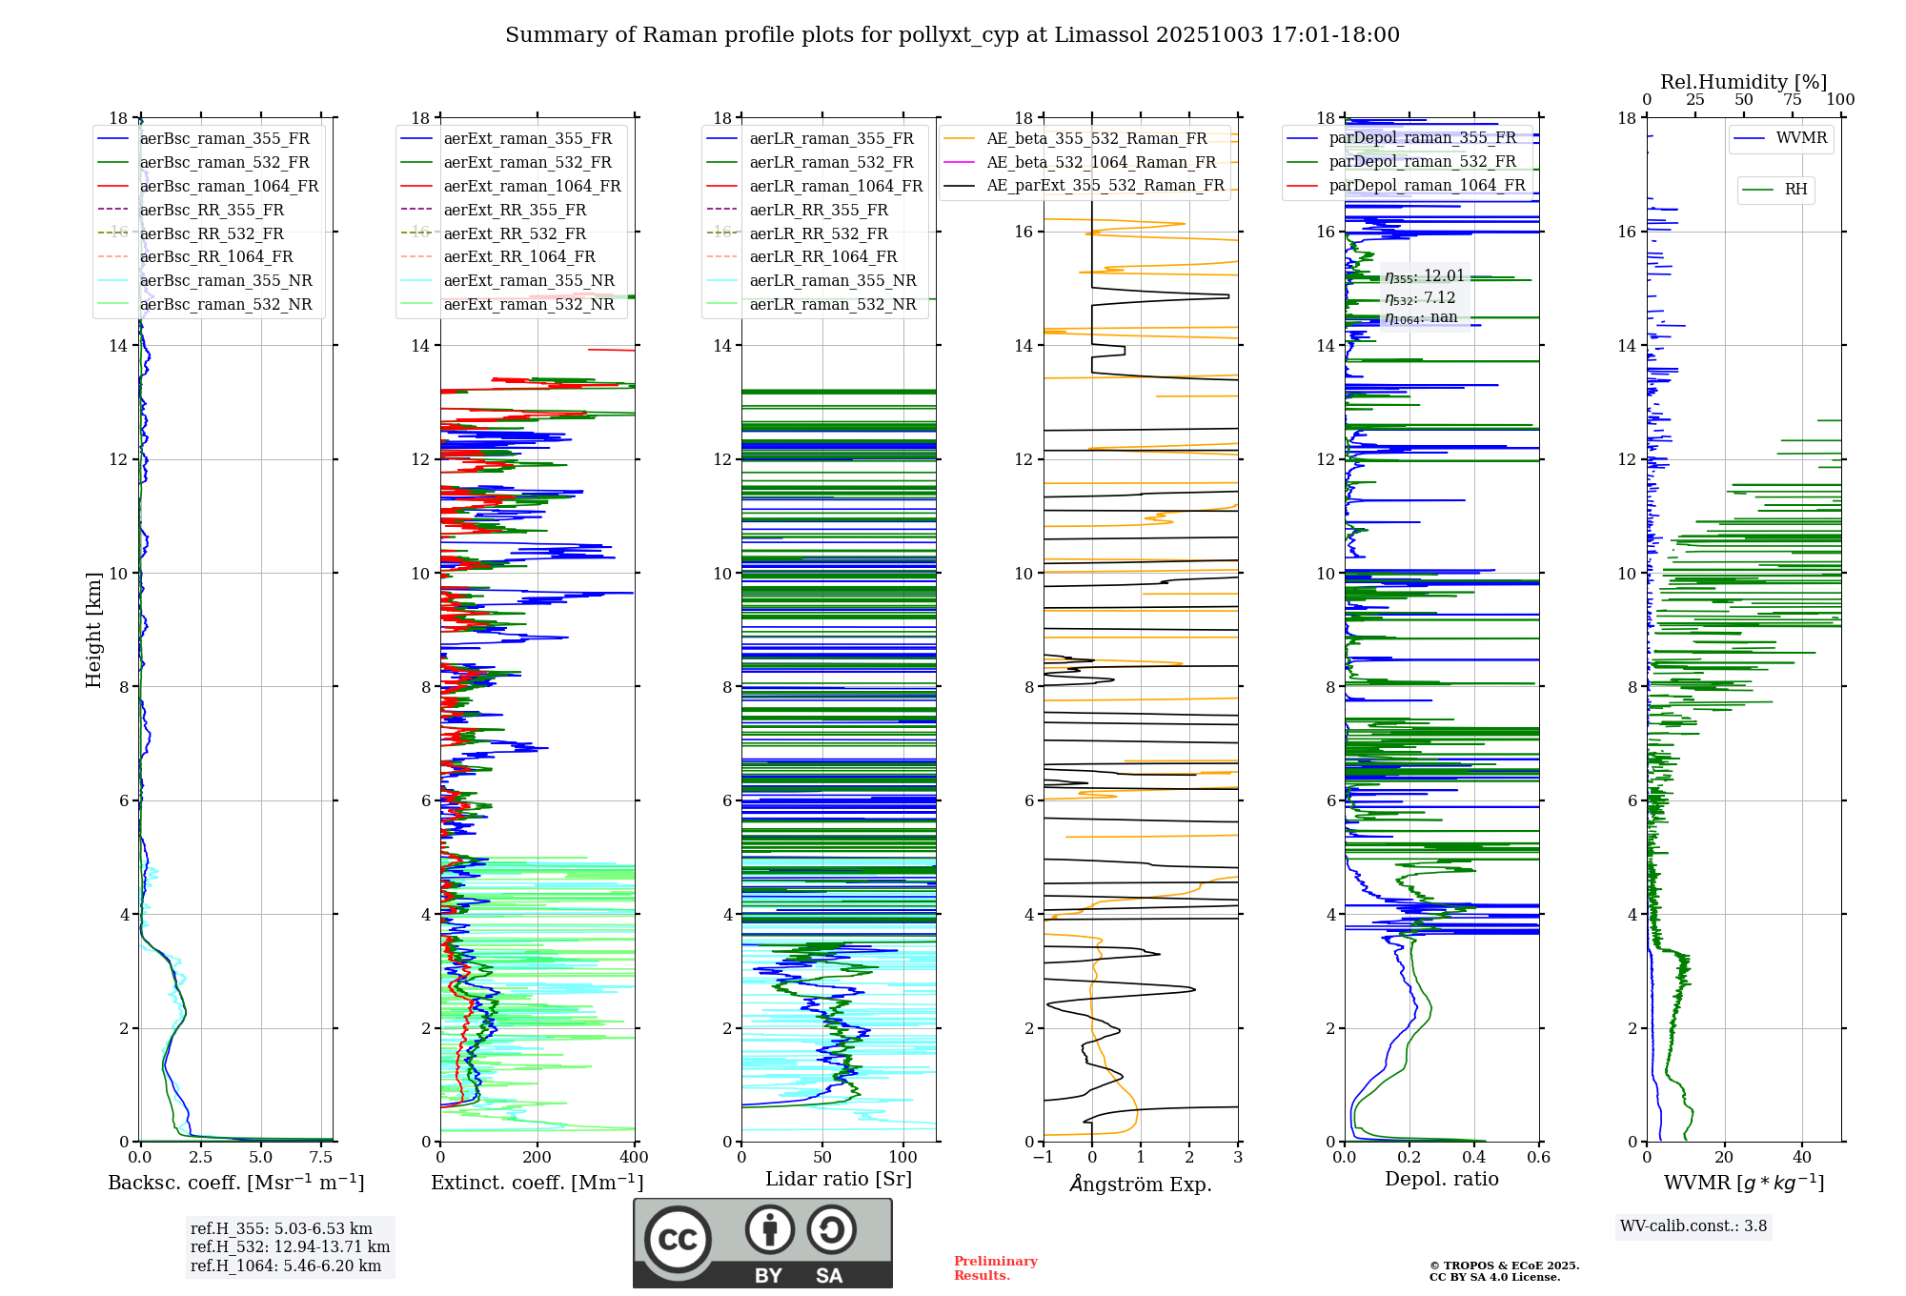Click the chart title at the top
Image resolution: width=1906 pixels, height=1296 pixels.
952,35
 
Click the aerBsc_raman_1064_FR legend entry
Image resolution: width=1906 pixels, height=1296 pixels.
229,186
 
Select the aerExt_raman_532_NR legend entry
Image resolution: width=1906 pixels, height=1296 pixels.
529,304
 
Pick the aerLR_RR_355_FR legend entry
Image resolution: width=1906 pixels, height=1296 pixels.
818,210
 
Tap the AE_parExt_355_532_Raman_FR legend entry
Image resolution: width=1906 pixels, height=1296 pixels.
1105,185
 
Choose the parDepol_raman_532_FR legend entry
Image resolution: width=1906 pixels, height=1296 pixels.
1422,161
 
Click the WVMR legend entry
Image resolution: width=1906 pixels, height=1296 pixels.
1801,138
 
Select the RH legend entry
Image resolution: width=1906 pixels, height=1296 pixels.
1795,190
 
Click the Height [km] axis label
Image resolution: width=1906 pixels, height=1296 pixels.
93,629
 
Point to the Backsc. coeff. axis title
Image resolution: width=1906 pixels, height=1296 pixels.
235,1183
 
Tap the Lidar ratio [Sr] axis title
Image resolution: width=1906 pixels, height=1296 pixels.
839,1179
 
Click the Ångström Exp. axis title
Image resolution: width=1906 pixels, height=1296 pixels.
1141,1184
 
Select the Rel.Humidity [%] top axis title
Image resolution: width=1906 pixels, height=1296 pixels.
1743,82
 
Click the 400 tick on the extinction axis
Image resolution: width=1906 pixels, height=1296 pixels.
635,1158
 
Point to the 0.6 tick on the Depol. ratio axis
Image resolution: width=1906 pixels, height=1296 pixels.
1538,1158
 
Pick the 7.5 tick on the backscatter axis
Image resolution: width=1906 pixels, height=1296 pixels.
321,1158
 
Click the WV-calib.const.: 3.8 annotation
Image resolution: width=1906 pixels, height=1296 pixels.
1693,1226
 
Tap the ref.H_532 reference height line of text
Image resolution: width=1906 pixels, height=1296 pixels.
290,1246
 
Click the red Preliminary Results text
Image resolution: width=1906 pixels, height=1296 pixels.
995,1268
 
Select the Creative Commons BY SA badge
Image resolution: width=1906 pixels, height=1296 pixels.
762,1243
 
